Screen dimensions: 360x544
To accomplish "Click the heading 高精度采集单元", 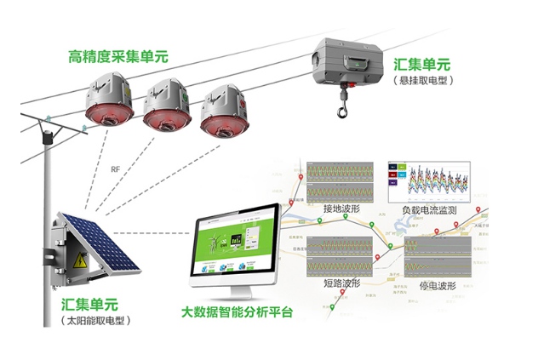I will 118,57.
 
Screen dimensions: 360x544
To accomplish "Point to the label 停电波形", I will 438,283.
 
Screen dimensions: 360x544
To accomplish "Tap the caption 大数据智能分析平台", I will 238,312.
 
